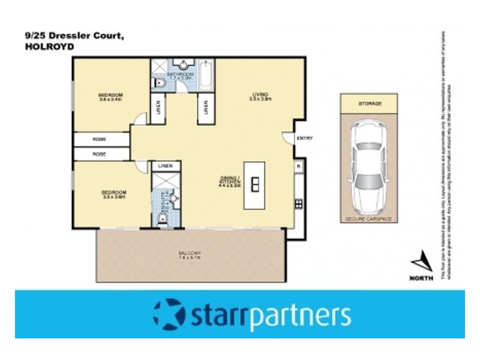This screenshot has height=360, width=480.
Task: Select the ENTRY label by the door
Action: [x=305, y=139]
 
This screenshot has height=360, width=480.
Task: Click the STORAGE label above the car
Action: [x=370, y=104]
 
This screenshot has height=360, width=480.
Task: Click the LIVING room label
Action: [x=260, y=95]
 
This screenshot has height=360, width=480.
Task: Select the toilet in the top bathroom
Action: [x=158, y=83]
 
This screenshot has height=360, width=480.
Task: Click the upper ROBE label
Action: [x=100, y=139]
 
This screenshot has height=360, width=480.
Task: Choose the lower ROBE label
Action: [x=100, y=154]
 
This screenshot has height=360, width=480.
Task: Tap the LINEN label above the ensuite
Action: [x=166, y=166]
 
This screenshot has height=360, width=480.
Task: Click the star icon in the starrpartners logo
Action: [x=169, y=315]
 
